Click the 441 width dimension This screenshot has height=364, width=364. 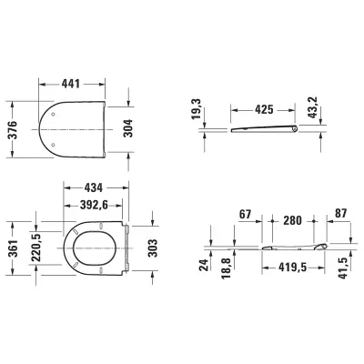(x=71, y=84)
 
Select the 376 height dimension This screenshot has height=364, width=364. (x=13, y=130)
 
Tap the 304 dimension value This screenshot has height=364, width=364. (x=128, y=128)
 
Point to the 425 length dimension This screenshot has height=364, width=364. (x=264, y=109)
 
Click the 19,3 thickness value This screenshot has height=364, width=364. (x=197, y=109)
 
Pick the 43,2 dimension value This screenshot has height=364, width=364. (x=312, y=107)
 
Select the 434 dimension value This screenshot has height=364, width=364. (x=93, y=187)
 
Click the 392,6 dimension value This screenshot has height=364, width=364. (x=94, y=206)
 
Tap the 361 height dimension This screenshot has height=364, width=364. (x=13, y=248)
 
